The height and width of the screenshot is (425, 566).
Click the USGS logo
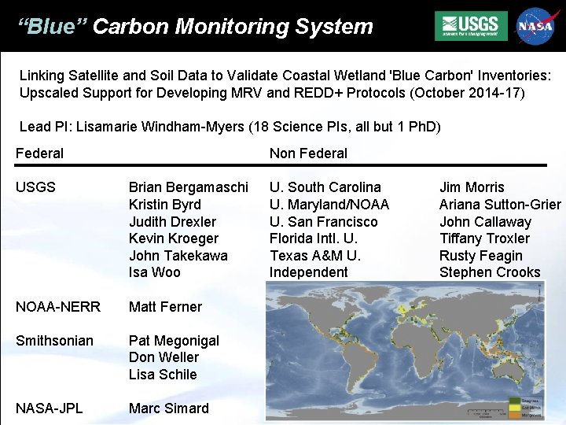tap(471, 26)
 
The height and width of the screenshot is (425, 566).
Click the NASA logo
tap(535, 26)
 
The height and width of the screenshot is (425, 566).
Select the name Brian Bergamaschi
tap(188, 187)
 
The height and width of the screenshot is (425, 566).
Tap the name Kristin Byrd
tap(164, 205)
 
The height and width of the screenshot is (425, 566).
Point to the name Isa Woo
tap(154, 272)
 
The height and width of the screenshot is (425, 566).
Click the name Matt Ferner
tap(165, 307)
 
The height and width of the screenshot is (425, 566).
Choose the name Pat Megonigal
tap(174, 341)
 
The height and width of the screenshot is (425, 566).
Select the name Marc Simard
tap(168, 408)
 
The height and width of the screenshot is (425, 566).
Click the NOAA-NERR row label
tap(58, 307)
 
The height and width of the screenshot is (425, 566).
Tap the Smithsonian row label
tap(54, 341)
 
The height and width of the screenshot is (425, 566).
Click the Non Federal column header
tap(308, 153)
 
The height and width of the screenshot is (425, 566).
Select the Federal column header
tap(39, 153)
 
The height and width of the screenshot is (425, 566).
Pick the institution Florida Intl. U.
tap(313, 238)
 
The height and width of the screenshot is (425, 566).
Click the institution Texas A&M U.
tap(314, 256)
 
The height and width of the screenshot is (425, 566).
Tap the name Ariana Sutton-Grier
tap(500, 205)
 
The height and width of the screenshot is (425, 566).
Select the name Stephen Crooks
tap(490, 272)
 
